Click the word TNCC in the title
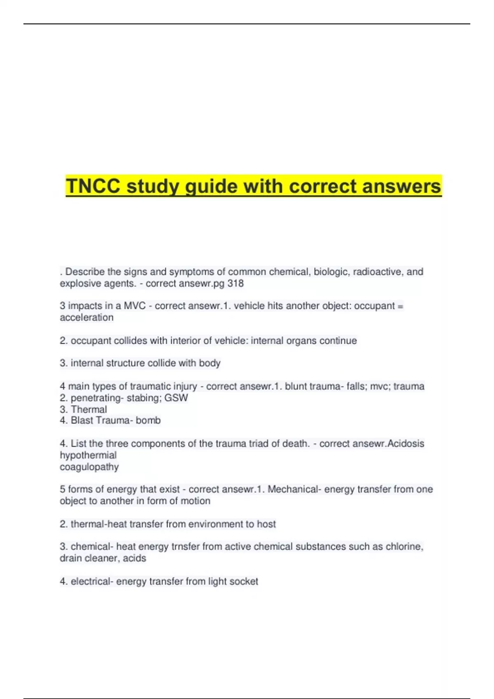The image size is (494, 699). (93, 186)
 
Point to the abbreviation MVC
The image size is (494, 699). (135, 306)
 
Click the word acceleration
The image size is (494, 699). (86, 317)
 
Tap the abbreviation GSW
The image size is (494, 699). (176, 398)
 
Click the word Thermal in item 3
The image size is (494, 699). (89, 409)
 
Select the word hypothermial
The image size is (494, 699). (88, 455)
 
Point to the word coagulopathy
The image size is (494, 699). (89, 467)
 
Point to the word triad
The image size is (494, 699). (269, 444)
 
